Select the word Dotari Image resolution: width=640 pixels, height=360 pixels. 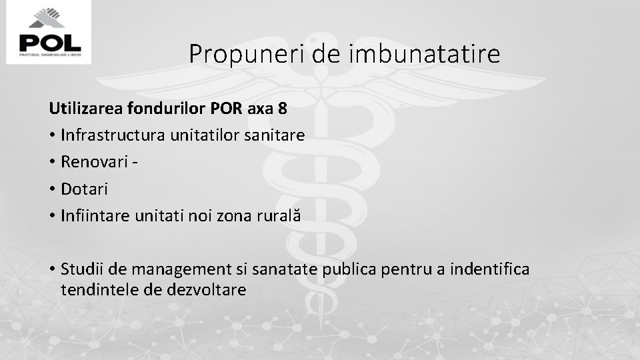pos(83,189)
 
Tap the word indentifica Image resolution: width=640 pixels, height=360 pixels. pos(488,270)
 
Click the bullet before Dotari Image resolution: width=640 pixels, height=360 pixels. pos(51,189)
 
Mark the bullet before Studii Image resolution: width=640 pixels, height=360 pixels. pos(51,270)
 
